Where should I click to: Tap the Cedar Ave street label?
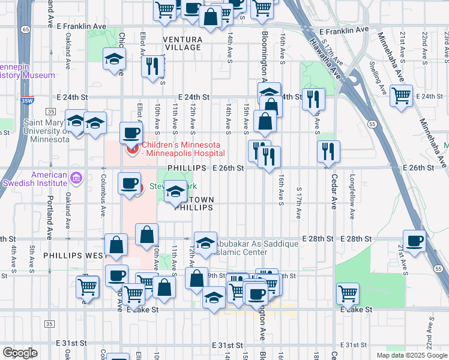tap(334, 191)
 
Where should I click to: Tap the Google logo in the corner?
tap(20, 352)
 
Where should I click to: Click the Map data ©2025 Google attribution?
tap(412, 355)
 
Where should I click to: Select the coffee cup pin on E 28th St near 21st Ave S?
tap(414, 241)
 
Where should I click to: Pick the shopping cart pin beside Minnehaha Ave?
tap(401, 95)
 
